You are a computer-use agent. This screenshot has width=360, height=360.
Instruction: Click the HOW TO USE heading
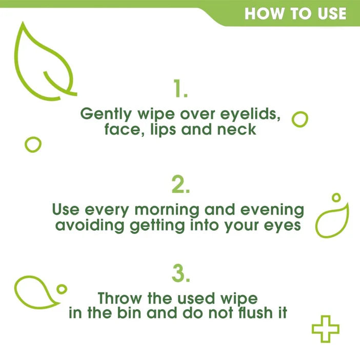coord(295,13)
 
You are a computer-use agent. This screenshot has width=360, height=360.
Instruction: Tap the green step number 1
coord(181,89)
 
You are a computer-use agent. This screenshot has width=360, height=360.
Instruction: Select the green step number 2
coord(181,185)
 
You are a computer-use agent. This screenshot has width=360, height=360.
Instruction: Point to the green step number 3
coord(181,274)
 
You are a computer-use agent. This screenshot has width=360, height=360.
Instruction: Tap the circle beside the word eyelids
coord(300,119)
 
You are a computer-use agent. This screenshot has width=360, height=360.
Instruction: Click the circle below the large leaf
coord(33,145)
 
